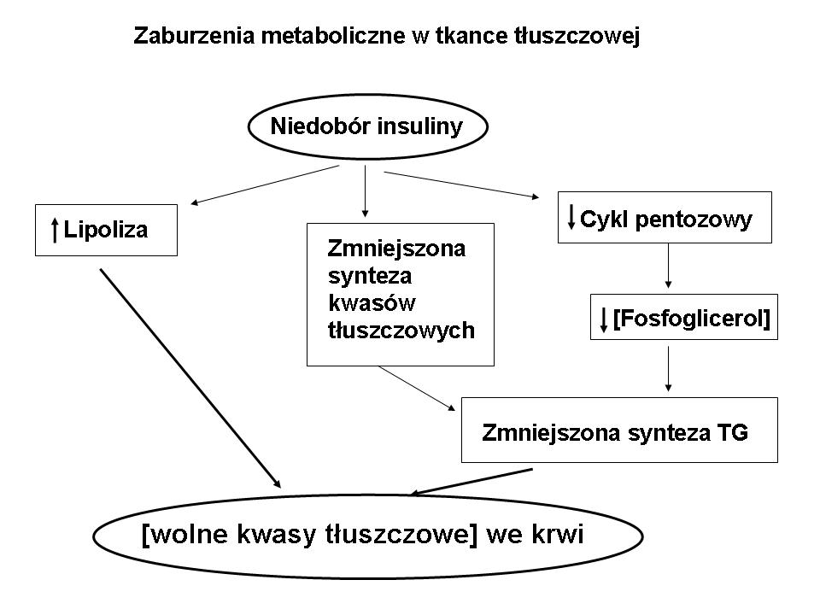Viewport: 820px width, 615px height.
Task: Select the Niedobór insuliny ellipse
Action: [x=366, y=128]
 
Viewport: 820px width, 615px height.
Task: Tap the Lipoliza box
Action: [x=106, y=230]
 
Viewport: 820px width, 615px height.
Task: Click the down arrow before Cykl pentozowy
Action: [x=571, y=217]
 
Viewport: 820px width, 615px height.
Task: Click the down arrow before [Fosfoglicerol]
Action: [x=604, y=319]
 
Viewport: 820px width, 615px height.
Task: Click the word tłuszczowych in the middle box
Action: [x=401, y=331]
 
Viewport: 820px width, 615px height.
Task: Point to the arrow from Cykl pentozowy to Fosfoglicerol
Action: [x=668, y=269]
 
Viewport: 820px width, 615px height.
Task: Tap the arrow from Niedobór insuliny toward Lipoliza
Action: [x=265, y=185]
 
